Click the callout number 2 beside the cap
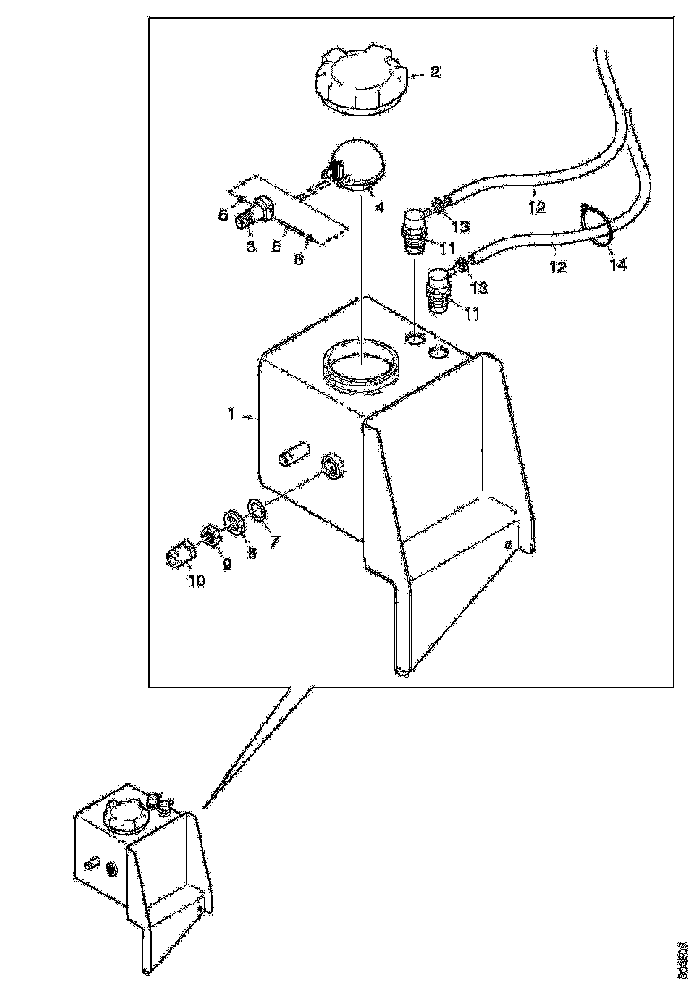435,73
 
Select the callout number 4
379,207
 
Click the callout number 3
252,246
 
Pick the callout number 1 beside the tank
231,415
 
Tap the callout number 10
196,580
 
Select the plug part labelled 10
179,556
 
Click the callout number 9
227,564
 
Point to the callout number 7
275,541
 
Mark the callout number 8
252,554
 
